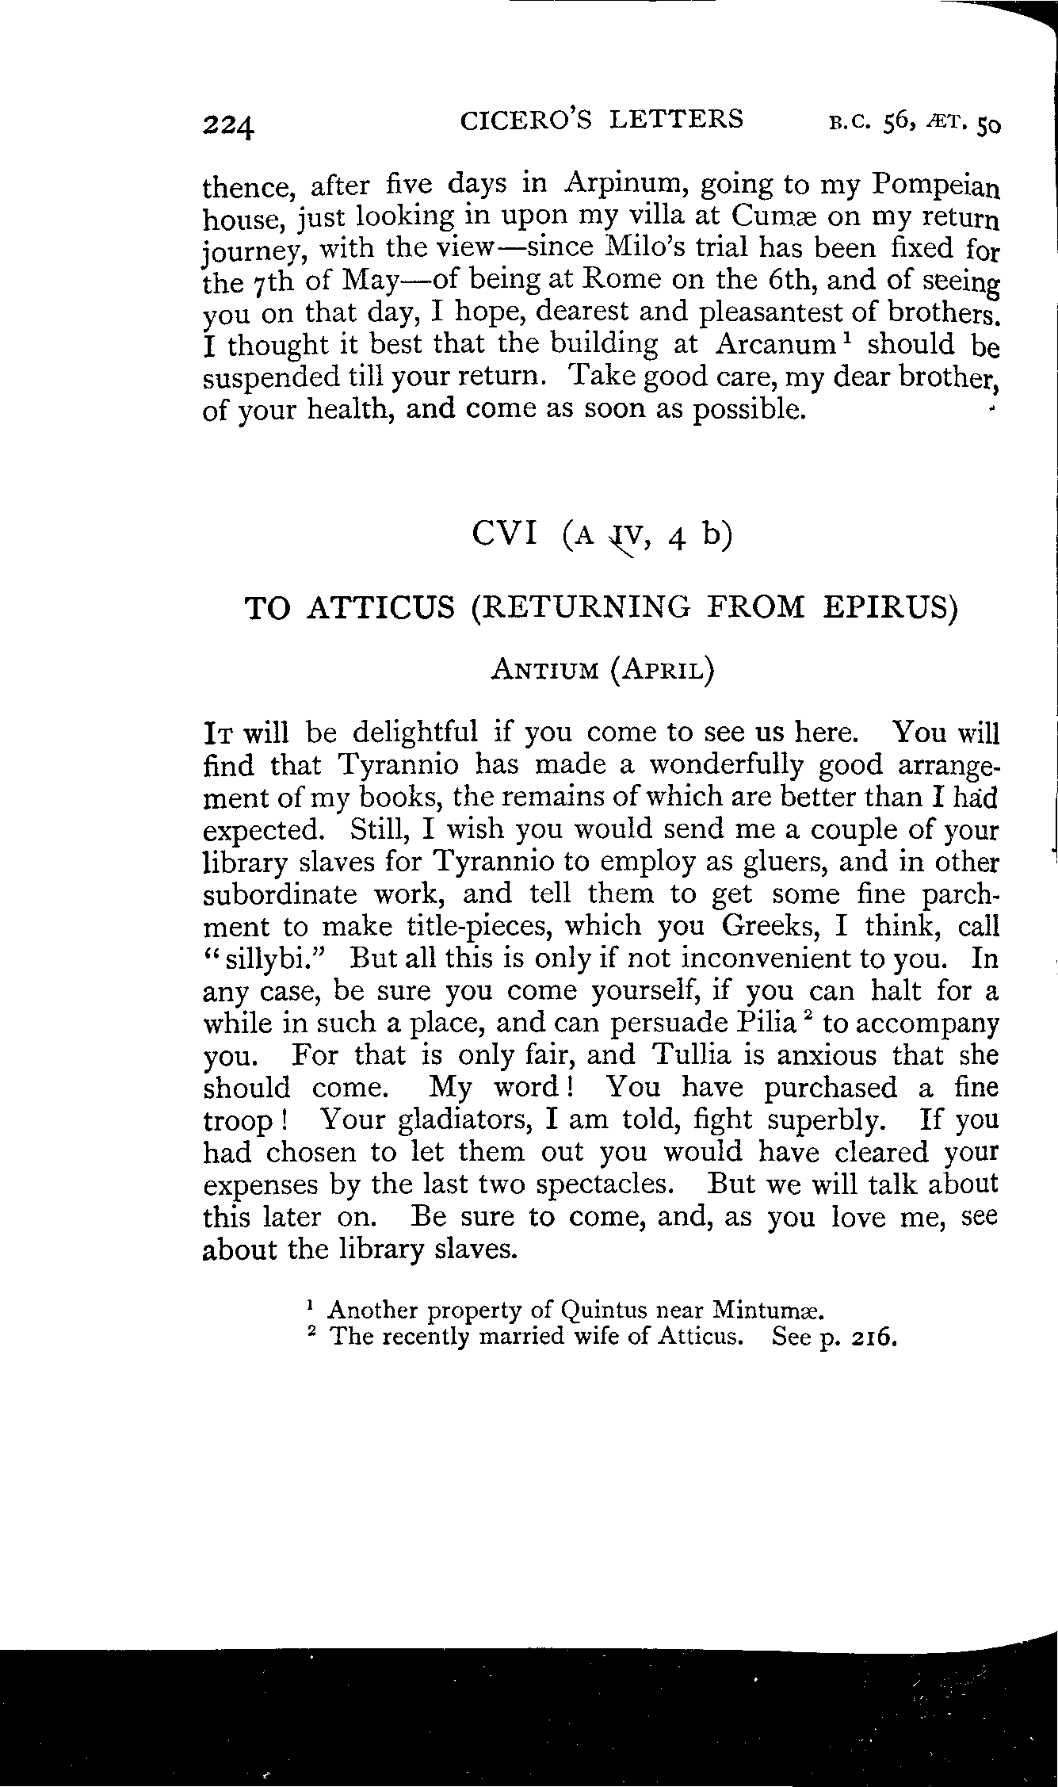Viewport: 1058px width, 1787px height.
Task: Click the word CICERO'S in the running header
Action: tap(515, 120)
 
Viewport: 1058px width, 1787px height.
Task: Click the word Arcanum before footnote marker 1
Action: tap(774, 344)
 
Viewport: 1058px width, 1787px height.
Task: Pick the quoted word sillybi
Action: tap(273, 959)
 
